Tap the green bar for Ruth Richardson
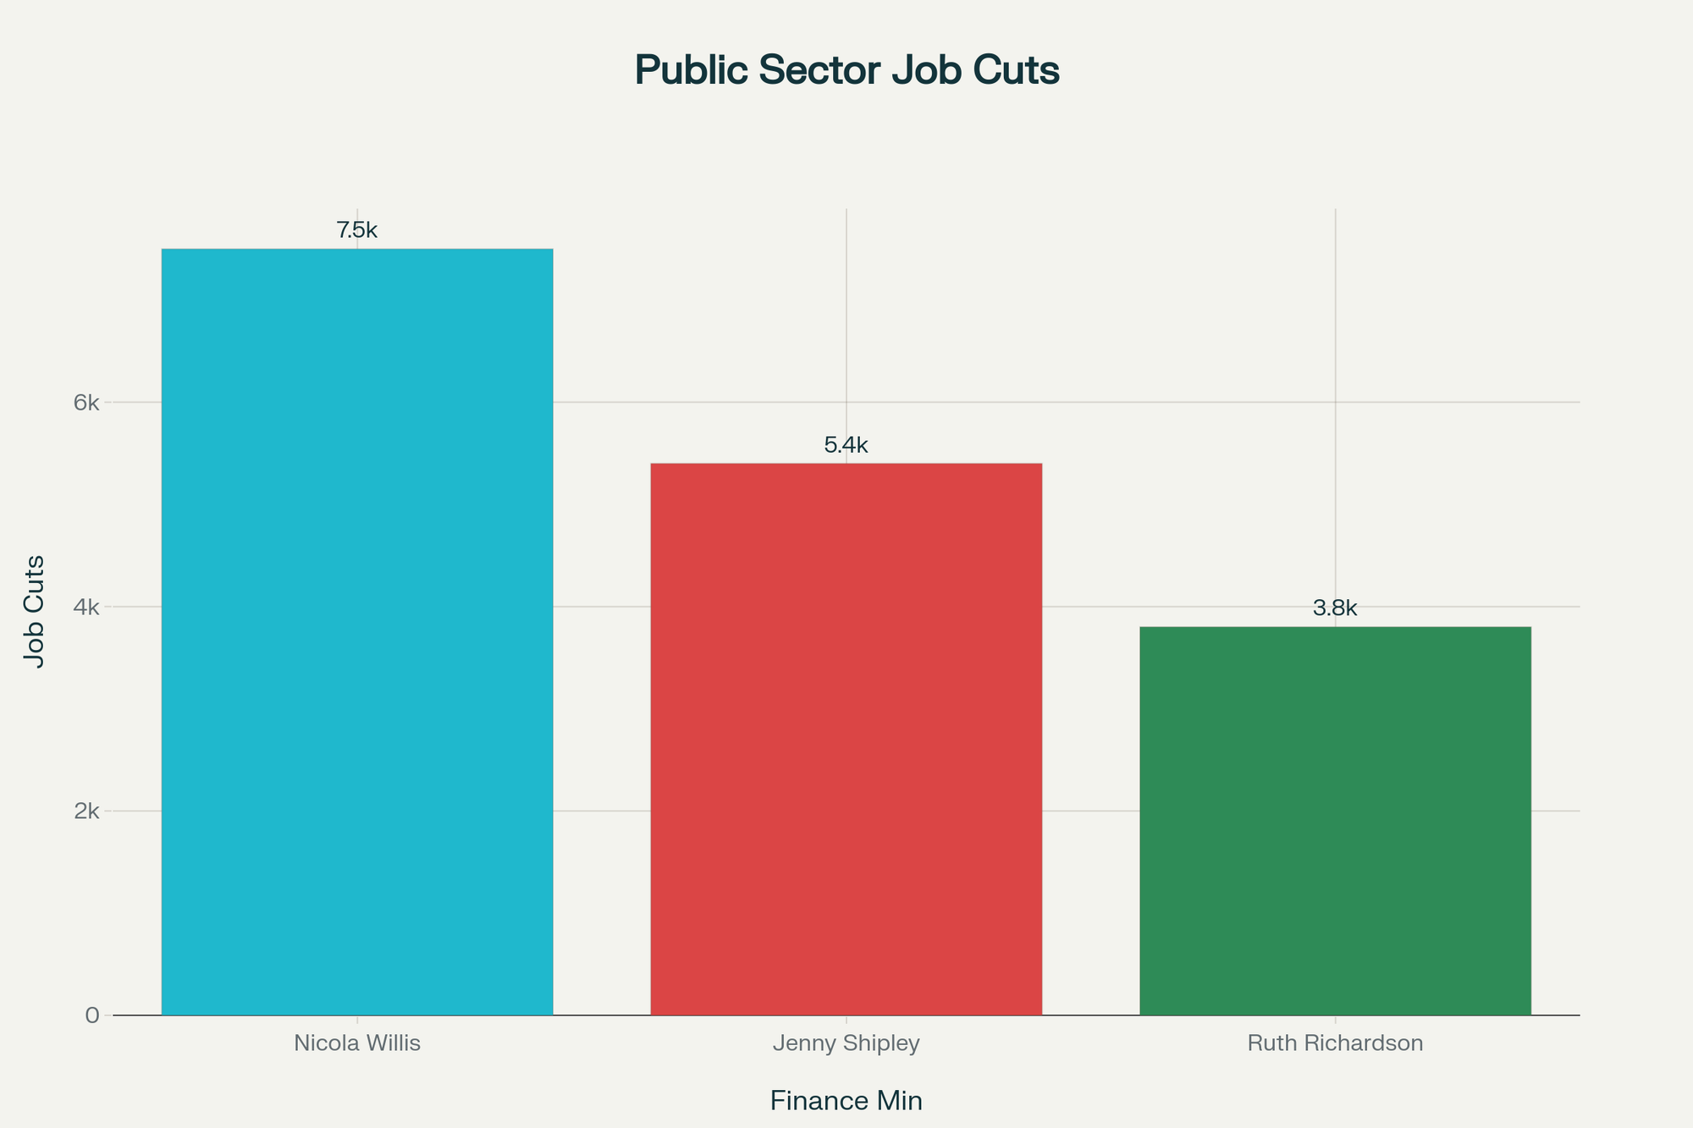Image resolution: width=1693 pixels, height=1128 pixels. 1335,820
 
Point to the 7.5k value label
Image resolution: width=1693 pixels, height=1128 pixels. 356,230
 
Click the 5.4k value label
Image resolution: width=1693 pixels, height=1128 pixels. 846,445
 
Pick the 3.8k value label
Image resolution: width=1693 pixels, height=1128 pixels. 1335,608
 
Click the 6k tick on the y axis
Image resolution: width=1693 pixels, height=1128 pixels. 86,403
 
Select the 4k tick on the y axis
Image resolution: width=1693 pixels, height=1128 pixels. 86,607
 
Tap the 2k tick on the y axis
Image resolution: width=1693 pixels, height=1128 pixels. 86,811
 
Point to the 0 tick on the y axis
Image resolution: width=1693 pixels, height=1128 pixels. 92,1015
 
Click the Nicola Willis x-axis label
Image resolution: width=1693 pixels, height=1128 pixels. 356,1043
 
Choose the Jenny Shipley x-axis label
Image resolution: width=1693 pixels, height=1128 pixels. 846,1043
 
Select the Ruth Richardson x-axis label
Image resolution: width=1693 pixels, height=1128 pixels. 1335,1043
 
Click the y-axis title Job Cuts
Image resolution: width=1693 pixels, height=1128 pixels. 35,611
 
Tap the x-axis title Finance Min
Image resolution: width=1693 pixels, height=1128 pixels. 846,1101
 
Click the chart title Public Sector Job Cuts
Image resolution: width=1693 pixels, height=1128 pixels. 846,71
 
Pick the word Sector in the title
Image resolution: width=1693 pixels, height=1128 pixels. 818,71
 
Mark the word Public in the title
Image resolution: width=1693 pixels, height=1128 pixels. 691,71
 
